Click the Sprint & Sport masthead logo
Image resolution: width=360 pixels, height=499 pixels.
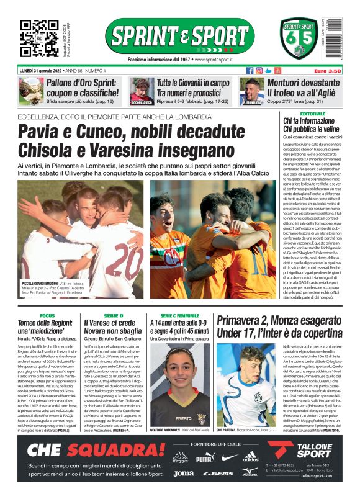point(179,36)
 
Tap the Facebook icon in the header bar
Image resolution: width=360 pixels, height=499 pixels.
point(250,71)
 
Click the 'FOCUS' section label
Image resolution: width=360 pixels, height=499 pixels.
point(47,316)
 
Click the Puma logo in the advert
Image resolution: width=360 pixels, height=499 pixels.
point(205,457)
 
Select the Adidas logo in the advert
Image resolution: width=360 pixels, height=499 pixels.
point(250,457)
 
